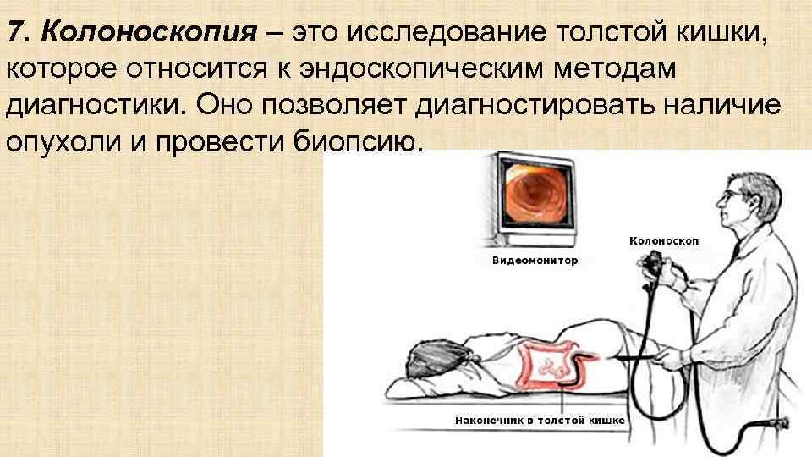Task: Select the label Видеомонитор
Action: tap(535, 261)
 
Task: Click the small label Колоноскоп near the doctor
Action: tap(664, 241)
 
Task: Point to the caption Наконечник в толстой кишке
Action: tap(540, 420)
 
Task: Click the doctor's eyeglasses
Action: tap(729, 193)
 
